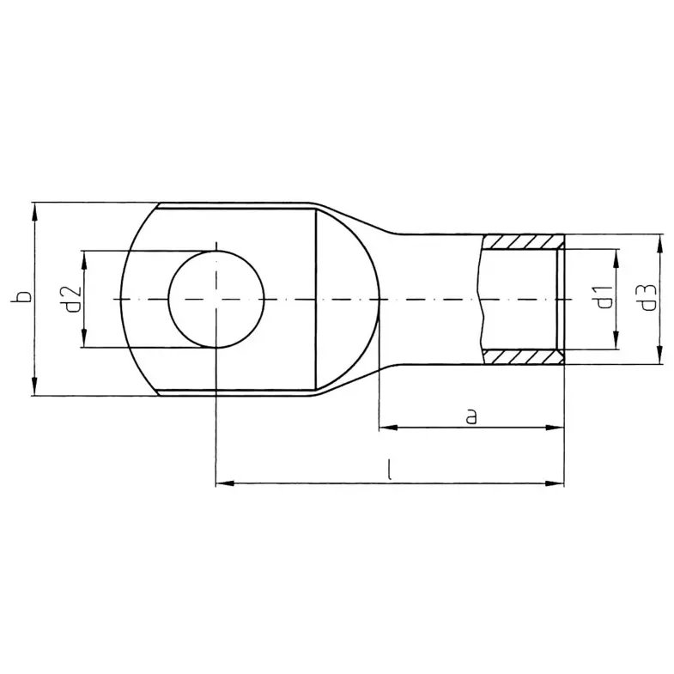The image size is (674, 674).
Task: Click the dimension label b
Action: pos(22,296)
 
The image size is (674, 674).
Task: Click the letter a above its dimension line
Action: pos(471,417)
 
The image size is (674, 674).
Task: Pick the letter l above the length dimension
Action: pos(389,470)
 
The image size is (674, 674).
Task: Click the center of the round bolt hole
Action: pos(216,299)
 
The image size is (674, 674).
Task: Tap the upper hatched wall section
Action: pos(522,241)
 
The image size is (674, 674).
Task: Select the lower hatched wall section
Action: pos(522,357)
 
